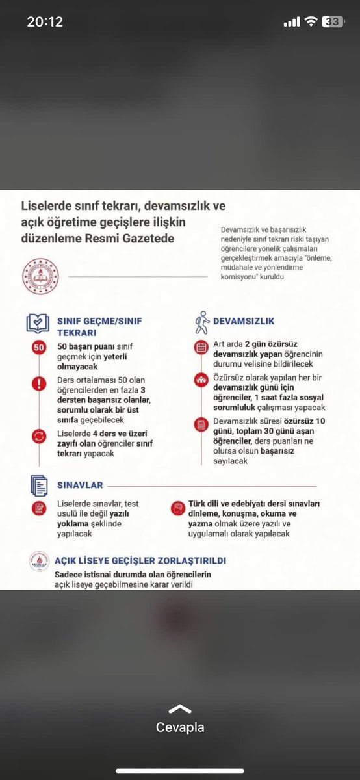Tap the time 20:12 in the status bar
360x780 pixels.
pos(45,22)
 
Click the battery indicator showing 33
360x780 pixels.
pos(333,22)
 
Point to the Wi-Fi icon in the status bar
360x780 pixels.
pos(311,22)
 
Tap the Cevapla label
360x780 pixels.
pos(180,727)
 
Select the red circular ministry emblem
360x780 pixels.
pos(40,276)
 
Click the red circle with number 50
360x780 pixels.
pos(38,348)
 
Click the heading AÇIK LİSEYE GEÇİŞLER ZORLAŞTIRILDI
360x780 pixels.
pos(140,560)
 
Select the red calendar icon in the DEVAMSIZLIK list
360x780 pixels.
pos(200,347)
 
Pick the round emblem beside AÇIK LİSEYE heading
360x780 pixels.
pos(39,562)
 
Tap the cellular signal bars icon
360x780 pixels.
pos(292,22)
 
